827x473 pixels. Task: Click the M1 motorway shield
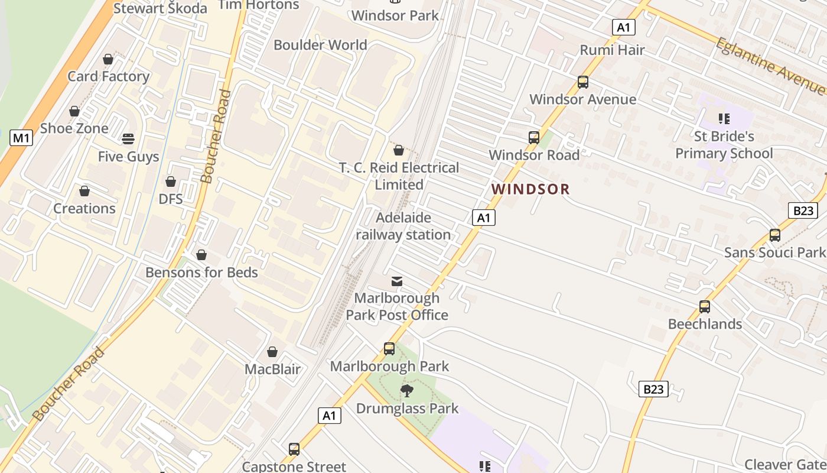click(21, 138)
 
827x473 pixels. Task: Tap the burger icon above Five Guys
click(128, 139)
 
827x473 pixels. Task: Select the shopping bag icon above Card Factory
click(108, 59)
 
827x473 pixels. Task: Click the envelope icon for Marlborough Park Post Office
click(397, 281)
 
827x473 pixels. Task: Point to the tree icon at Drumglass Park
click(406, 390)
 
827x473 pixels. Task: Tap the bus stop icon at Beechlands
click(705, 307)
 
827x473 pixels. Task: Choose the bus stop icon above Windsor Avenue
click(583, 82)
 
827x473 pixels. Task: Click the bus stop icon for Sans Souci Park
click(775, 235)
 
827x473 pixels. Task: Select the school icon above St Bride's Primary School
click(724, 119)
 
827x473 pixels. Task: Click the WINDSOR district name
click(530, 189)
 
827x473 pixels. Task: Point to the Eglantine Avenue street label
click(769, 65)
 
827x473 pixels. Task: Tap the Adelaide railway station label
click(403, 226)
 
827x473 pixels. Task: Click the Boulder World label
click(320, 45)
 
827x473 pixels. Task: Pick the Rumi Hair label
click(612, 50)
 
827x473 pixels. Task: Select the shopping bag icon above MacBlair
click(272, 352)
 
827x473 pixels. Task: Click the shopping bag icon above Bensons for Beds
click(201, 255)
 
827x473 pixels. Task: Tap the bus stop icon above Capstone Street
click(294, 449)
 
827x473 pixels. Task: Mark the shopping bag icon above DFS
click(171, 182)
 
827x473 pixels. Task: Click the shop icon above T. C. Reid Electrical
click(399, 150)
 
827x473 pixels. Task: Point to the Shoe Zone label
click(74, 128)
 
